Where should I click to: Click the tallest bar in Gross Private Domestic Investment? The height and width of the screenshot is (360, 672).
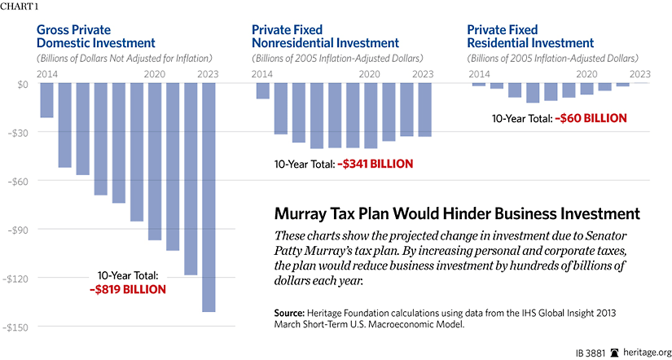click(208, 197)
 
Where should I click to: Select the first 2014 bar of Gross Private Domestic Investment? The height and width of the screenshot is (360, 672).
click(46, 100)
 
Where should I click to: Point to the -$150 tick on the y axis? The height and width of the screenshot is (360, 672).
click(15, 327)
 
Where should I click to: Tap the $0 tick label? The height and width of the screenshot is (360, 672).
click(21, 84)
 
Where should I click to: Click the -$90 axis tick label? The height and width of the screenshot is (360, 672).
click(16, 230)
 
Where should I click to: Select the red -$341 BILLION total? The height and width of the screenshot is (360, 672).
click(376, 165)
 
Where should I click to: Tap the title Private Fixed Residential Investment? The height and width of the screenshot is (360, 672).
click(530, 35)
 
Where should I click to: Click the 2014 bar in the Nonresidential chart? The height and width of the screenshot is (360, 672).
click(262, 91)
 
